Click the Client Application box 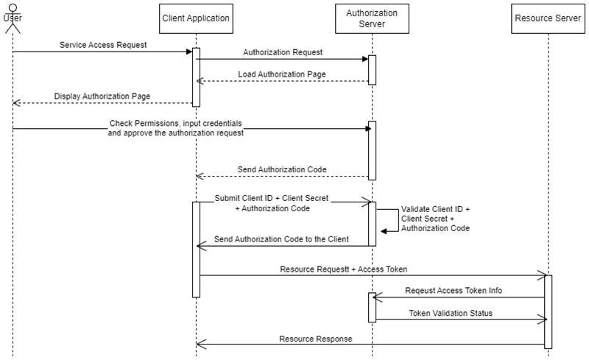pyautogui.click(x=196, y=18)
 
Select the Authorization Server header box pyautogui.click(x=372, y=18)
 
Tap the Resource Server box pyautogui.click(x=548, y=18)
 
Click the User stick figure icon pyautogui.click(x=11, y=16)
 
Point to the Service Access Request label pyautogui.click(x=103, y=45)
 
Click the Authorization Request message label pyautogui.click(x=283, y=52)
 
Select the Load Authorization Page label pyautogui.click(x=282, y=74)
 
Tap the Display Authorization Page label pyautogui.click(x=102, y=96)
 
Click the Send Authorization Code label pyautogui.click(x=282, y=169)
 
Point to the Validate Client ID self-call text pyautogui.click(x=435, y=219)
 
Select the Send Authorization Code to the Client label pyautogui.click(x=281, y=239)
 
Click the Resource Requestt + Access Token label pyautogui.click(x=344, y=269)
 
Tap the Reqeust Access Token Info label pyautogui.click(x=454, y=291)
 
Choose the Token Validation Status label pyautogui.click(x=451, y=313)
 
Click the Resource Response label pyautogui.click(x=316, y=339)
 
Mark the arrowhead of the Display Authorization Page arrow pyautogui.click(x=15, y=103)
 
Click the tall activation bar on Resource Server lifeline pyautogui.click(x=548, y=311)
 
